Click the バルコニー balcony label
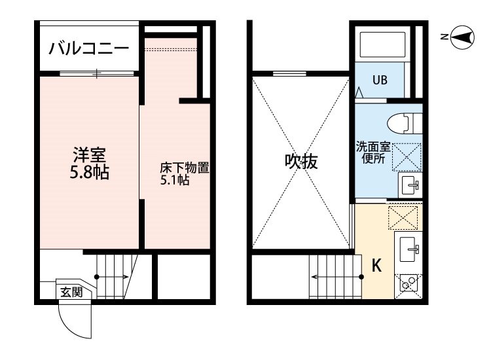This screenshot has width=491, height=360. pos(89,48)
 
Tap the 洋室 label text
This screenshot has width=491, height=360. pos(89,154)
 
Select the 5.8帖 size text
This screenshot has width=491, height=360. pos(89,172)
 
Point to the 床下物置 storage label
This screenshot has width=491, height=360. pos(184,168)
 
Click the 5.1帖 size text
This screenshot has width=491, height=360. pos(174,180)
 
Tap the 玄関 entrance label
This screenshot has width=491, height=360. pos(72,292)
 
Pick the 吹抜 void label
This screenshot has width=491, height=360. pos(301,162)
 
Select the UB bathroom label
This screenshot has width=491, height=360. pos(380,80)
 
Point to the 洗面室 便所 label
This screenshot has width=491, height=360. pos(373,153)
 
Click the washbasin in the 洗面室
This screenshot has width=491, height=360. pos(410,185)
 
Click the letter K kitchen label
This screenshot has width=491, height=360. pos(376,266)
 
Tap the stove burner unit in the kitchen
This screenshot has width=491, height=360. pos(409,286)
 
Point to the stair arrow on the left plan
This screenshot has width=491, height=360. pos(111,277)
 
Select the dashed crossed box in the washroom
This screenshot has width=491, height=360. pos(407,158)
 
